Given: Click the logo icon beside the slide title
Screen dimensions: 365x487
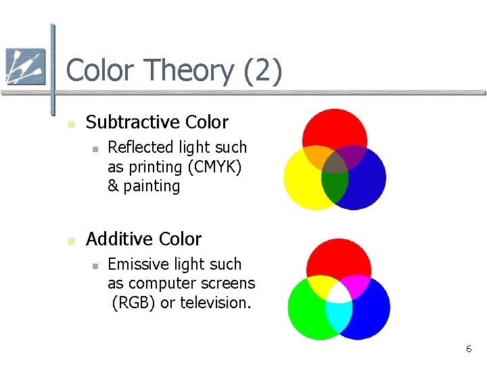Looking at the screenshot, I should pos(25,66).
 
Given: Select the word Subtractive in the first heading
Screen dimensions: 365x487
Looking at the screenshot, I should pos(126,122).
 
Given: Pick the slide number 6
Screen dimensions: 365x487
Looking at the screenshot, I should pos(468,349).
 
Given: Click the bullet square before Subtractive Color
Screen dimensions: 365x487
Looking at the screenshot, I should pos(70,124).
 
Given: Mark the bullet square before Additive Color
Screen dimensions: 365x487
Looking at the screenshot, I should pos(70,241).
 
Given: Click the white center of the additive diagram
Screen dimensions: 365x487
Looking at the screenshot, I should pos(339,291).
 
